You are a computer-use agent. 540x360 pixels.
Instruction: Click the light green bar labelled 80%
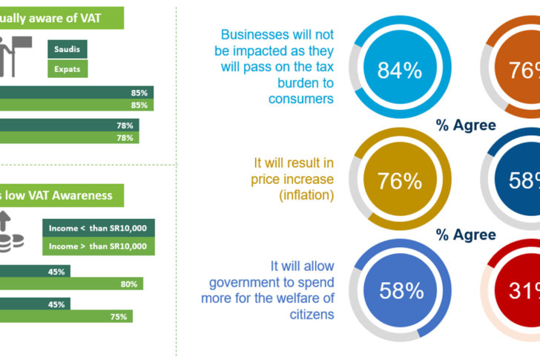pos(71,284)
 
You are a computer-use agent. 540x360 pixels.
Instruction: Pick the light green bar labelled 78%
pos(69,137)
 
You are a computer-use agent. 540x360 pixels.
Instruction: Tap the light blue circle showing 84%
pos(399,71)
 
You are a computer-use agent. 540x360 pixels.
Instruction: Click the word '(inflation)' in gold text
pos(307,196)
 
